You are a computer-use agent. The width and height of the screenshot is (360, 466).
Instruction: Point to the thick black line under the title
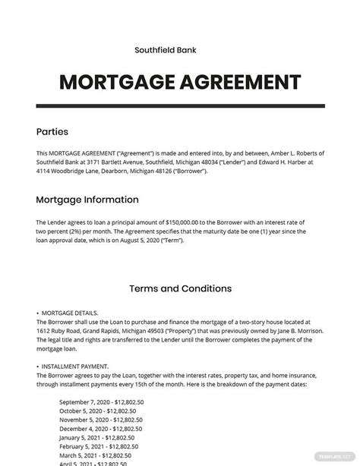[x=180, y=105]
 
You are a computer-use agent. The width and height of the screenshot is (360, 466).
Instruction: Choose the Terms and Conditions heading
[x=180, y=288]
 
